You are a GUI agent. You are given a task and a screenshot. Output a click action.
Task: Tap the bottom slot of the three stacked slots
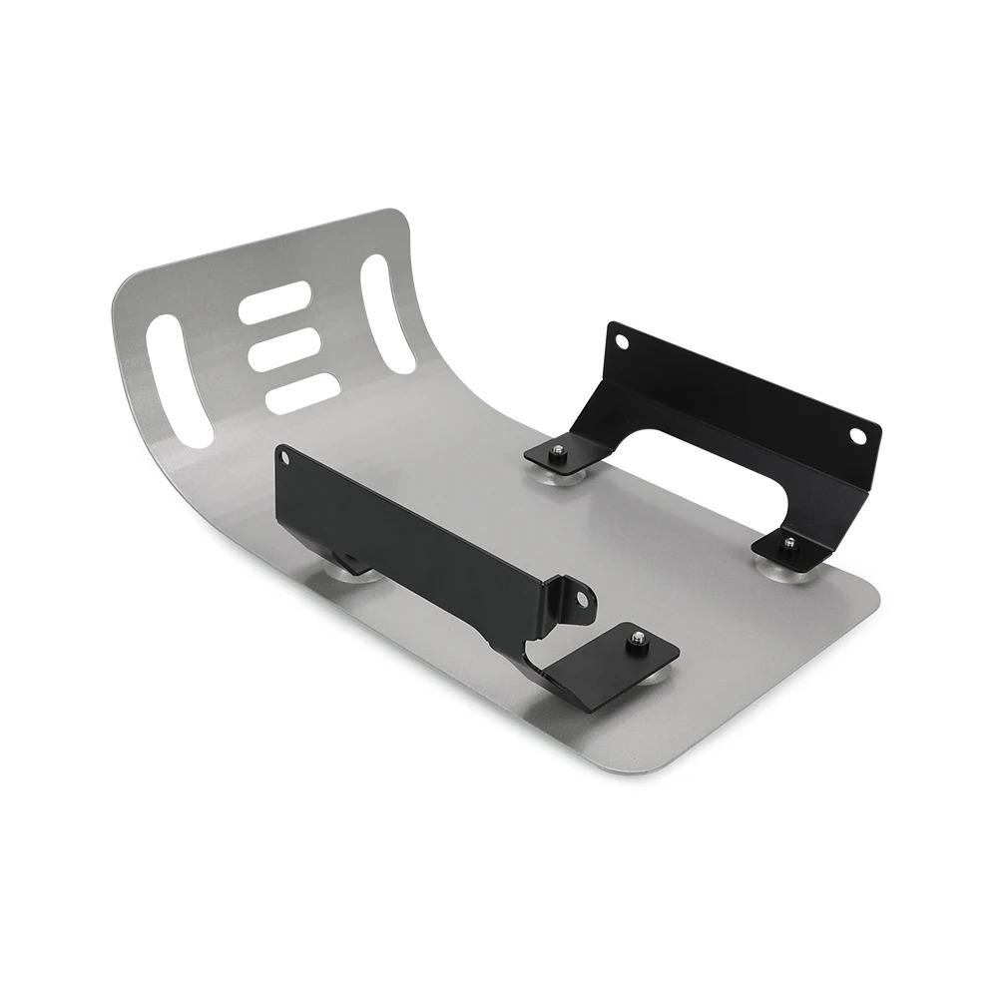tap(303, 393)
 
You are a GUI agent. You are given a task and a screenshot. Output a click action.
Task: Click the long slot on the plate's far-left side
tap(179, 381)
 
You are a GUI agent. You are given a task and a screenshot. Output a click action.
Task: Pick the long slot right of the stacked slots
tap(387, 313)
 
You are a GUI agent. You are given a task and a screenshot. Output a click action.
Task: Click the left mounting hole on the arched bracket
tap(622, 342)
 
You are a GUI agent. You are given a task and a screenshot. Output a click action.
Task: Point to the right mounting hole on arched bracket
tap(857, 435)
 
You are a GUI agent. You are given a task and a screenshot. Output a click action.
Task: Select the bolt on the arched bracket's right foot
tap(789, 543)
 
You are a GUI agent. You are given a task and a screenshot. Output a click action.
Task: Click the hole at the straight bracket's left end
tap(286, 458)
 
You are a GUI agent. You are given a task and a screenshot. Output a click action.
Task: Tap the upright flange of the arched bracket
tap(739, 394)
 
